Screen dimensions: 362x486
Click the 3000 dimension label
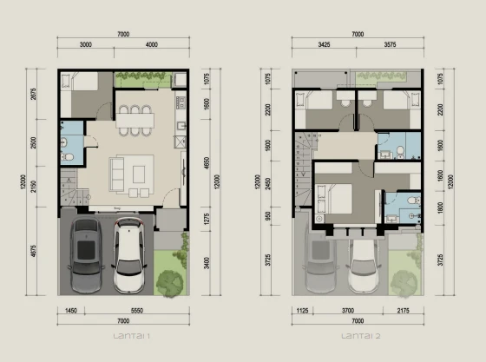[86, 44]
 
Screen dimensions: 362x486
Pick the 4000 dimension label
[152, 44]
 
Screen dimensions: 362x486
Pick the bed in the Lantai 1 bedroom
[78, 93]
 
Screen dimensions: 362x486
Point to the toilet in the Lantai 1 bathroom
[68, 158]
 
